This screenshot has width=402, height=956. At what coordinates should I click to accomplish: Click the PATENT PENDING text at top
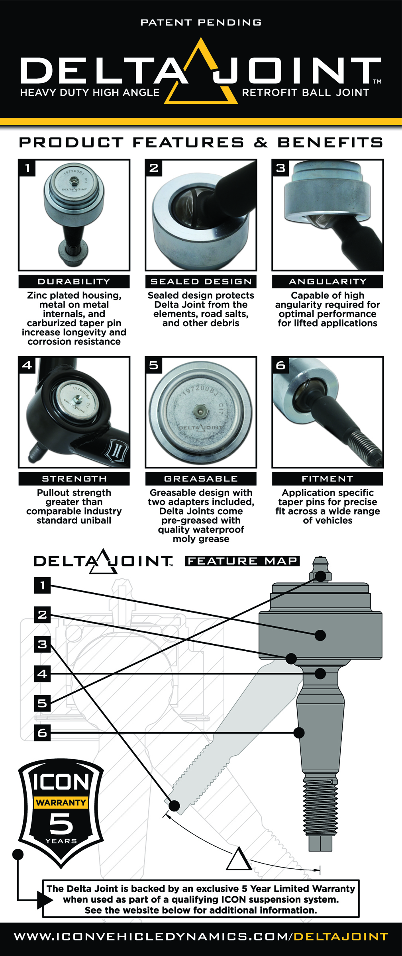pos(201,23)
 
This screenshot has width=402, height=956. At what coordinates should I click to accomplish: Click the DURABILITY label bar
pos(74,282)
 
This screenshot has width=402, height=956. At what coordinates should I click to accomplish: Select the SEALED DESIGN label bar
pos(201,282)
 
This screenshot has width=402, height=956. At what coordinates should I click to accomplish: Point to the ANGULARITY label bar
pos(327,282)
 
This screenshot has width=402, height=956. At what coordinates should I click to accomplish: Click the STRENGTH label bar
pos(74,479)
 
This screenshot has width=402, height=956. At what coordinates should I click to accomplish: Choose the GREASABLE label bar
pos(201,479)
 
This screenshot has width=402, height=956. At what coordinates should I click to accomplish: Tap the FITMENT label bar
pos(327,479)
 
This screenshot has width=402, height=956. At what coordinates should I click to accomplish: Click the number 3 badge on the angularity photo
pos(280,168)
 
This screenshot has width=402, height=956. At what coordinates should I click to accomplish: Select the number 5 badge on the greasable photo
pos(154,365)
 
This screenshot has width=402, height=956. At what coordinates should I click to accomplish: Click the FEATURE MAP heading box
pos(242,561)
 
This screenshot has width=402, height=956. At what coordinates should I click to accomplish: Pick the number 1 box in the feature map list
pos(42,585)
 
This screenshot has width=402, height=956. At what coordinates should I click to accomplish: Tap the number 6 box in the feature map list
pos(42,733)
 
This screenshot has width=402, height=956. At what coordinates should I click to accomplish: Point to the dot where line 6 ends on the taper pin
pos(299,733)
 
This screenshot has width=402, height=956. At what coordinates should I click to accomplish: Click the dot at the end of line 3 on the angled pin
pos(174,805)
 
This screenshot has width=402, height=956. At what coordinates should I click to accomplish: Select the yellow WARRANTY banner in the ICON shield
pos(61,803)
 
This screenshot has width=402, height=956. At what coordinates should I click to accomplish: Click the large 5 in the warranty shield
pos(61,823)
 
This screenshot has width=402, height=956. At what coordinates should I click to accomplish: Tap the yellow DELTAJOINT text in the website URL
pos(341,937)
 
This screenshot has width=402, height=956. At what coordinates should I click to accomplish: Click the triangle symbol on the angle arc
pos(238,860)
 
